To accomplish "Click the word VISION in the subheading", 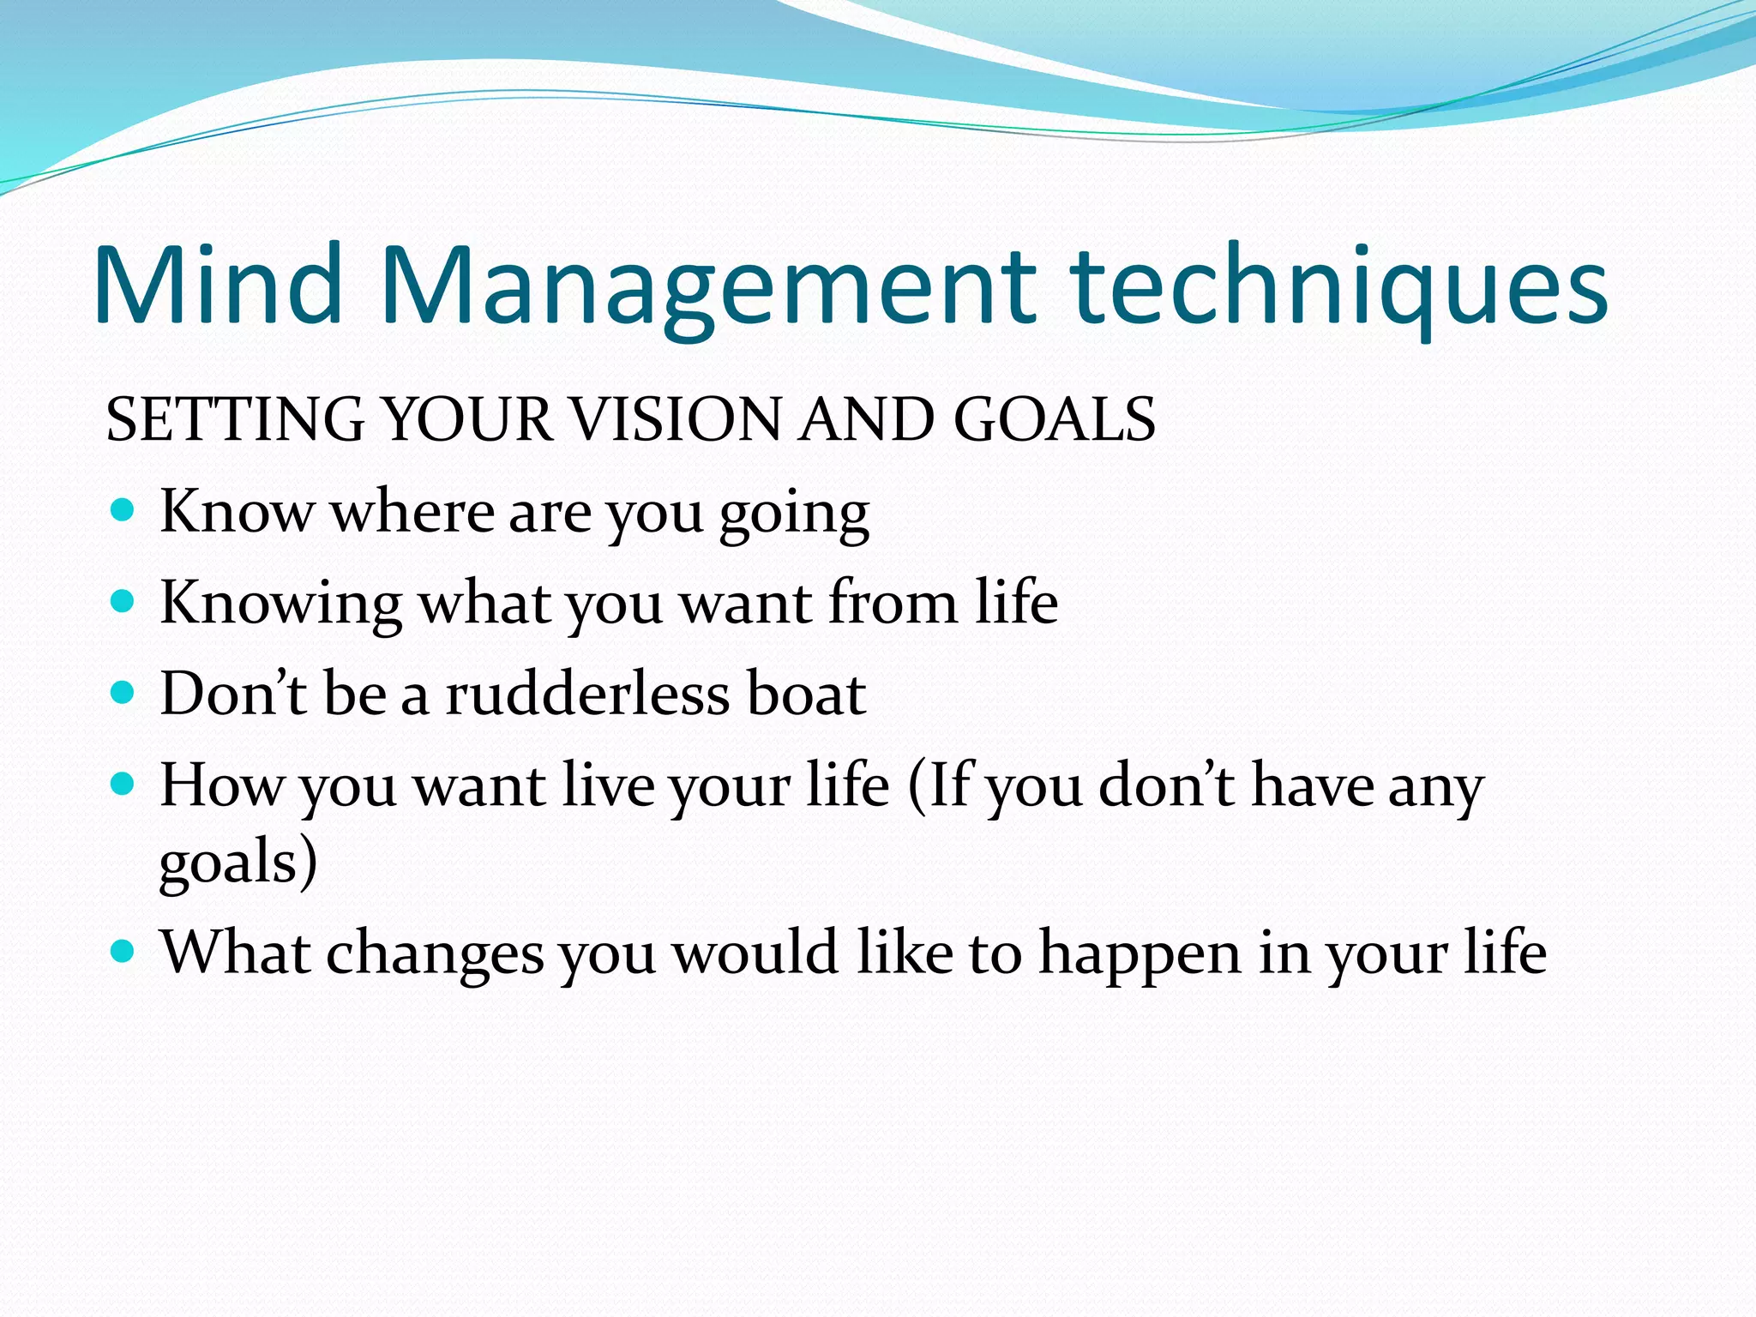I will [675, 419].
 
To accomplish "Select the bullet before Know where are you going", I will [123, 511].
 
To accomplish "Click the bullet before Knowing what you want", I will [123, 602].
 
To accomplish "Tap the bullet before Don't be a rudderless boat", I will [123, 693].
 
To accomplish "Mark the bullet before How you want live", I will [123, 784].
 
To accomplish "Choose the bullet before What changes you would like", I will [123, 951].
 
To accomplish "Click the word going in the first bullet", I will [794, 514].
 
